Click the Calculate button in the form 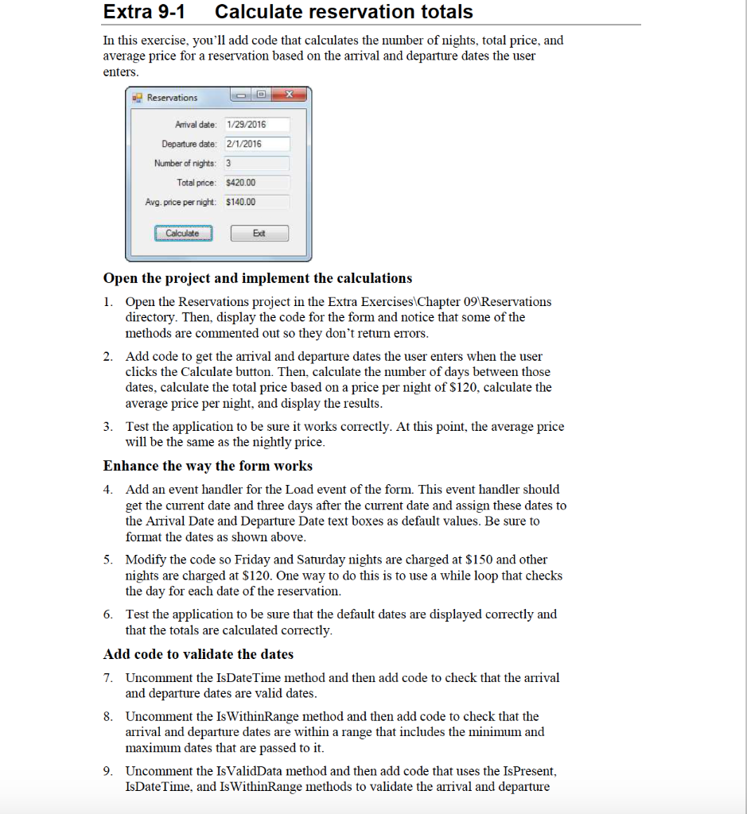[x=183, y=234]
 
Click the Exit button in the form [x=259, y=234]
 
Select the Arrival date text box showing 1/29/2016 [x=255, y=125]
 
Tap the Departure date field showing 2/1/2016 [x=255, y=144]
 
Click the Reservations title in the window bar [x=172, y=98]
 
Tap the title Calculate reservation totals [x=344, y=13]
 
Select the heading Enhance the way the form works [x=208, y=466]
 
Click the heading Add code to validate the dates [x=198, y=654]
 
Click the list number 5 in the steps [x=107, y=560]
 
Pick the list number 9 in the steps [x=107, y=771]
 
